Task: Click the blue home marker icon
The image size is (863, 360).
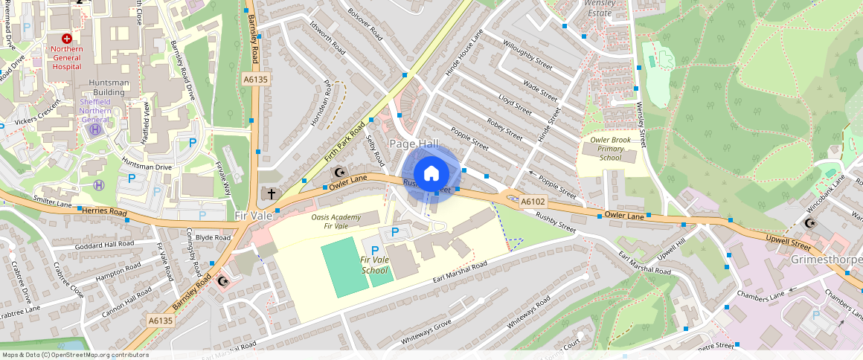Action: pyautogui.click(x=431, y=174)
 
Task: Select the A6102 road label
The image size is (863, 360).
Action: pyautogui.click(x=533, y=202)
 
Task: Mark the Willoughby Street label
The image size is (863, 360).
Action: pyautogui.click(x=527, y=56)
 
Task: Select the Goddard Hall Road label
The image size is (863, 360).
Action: pyautogui.click(x=104, y=244)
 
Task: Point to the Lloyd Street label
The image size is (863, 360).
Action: pyautogui.click(x=516, y=105)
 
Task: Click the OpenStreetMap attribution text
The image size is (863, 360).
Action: pyautogui.click(x=74, y=355)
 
